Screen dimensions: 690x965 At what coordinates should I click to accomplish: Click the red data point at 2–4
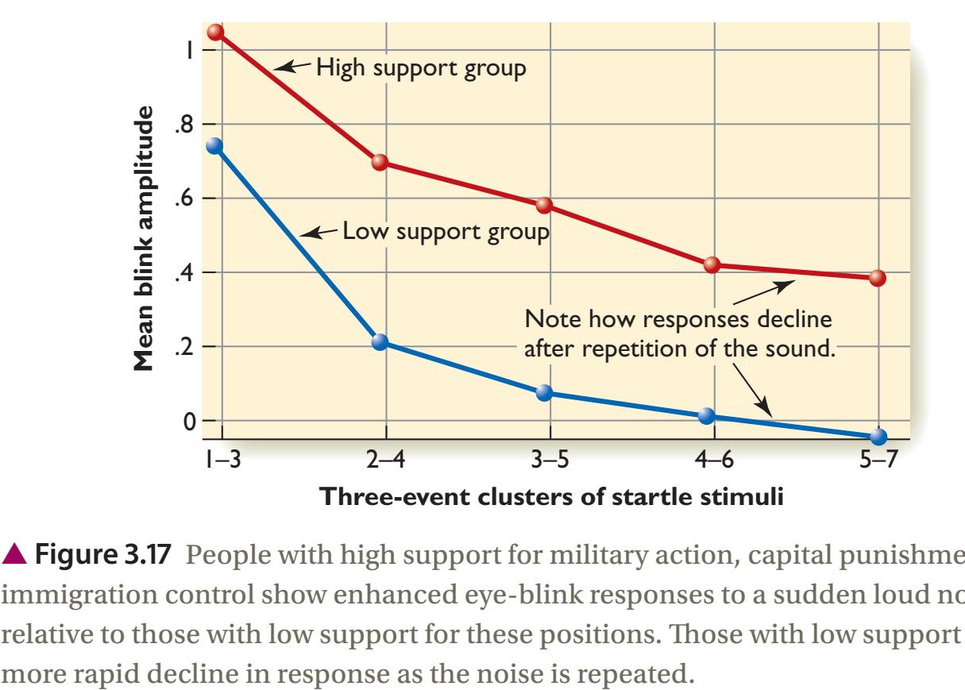(380, 162)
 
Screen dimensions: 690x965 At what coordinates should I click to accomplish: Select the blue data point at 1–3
(214, 146)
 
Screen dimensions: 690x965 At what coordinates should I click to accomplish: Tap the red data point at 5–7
(877, 278)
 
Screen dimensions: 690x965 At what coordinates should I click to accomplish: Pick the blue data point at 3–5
(544, 393)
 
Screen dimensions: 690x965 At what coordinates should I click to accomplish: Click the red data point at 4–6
(712, 265)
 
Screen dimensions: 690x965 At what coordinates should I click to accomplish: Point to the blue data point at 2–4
(380, 342)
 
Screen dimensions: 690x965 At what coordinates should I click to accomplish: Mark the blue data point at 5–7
(878, 437)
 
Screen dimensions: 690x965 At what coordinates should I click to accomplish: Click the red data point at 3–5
(544, 206)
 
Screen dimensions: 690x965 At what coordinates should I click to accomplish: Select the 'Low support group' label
(446, 233)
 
